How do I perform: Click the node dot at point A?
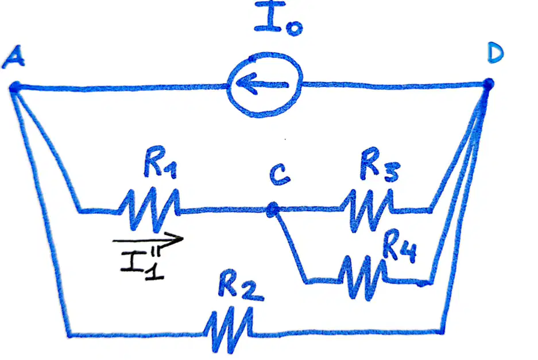(15, 87)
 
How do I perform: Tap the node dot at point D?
(488, 84)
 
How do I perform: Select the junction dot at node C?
(273, 209)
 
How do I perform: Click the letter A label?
(13, 57)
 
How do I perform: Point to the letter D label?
(496, 54)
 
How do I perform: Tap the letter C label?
(279, 175)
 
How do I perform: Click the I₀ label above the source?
(278, 18)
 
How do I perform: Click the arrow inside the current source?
(261, 84)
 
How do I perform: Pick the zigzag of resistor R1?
(149, 210)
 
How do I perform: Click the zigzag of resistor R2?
(228, 330)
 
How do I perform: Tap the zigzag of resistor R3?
(366, 210)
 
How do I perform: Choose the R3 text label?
(380, 165)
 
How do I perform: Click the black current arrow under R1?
(148, 239)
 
